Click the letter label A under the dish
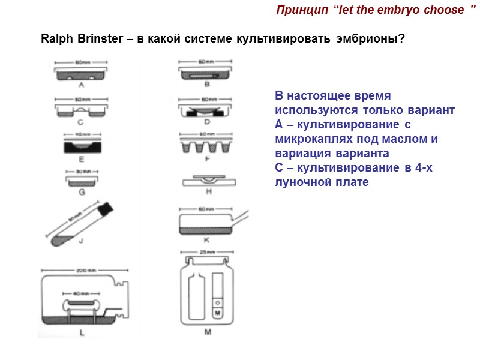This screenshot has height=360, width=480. click(x=81, y=85)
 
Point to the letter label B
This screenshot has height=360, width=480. click(x=206, y=85)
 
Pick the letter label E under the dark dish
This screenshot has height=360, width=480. click(x=81, y=160)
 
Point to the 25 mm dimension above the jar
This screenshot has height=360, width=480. click(x=207, y=251)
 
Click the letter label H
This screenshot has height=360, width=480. click(x=206, y=192)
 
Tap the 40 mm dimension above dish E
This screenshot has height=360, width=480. click(x=81, y=134)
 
